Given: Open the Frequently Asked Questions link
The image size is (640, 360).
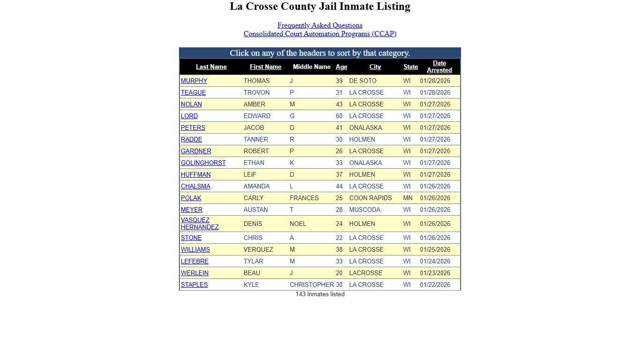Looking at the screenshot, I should coord(320,25).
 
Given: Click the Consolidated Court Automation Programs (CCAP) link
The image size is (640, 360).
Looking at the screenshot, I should coord(320,34).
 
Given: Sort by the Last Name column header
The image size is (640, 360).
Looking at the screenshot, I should coord(211,67).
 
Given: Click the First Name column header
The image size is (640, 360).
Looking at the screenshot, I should coord(265,67).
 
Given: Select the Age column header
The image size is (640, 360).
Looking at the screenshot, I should coord(341,67).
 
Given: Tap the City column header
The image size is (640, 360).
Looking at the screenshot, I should coord(375,67).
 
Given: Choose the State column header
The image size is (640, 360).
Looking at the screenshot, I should coord(410,67).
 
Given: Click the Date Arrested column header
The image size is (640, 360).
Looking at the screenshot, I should coord(439,67).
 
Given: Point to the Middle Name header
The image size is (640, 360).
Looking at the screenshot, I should coord(312,67).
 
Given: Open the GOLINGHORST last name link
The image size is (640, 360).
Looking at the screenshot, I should coord(203,163).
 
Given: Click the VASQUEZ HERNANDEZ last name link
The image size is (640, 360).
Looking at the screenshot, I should coord(200,224).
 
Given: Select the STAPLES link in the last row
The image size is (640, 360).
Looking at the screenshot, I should coord(194,285).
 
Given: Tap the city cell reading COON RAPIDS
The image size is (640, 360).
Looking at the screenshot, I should coord(370,198).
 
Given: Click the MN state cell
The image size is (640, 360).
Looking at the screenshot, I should coord(408,198).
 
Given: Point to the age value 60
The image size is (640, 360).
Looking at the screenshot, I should coord(339,116).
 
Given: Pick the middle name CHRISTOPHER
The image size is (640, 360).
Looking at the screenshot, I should coord(312,285).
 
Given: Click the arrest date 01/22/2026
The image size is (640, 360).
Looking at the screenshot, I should coord(435,285).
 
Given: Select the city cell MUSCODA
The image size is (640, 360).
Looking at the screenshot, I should coord(365,210).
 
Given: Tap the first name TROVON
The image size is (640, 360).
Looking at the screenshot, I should coord(256,93).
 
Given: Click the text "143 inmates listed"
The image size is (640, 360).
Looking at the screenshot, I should coord(320,294).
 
